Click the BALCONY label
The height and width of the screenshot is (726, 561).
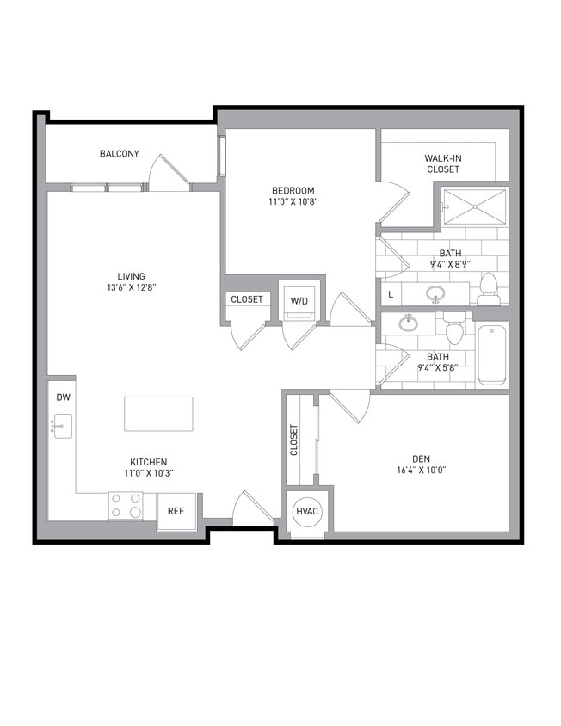point(119,154)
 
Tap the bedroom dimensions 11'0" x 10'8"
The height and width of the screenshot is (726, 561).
point(293,203)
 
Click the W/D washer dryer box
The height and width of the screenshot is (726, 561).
point(299,301)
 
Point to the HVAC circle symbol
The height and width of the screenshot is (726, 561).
point(307,511)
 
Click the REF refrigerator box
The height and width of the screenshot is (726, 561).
point(176,511)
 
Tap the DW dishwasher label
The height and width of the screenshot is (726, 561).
point(62,397)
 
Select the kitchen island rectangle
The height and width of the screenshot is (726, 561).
point(158,414)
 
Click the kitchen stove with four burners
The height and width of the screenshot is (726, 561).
point(126,506)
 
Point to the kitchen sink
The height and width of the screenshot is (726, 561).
point(62,425)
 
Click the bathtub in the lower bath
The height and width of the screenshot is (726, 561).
point(492,354)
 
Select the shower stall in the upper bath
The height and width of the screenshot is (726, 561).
point(474,206)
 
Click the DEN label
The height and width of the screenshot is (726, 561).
point(420,458)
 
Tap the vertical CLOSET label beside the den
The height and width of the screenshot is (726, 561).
point(294,440)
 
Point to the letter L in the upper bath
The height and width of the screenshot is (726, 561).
point(391,294)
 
